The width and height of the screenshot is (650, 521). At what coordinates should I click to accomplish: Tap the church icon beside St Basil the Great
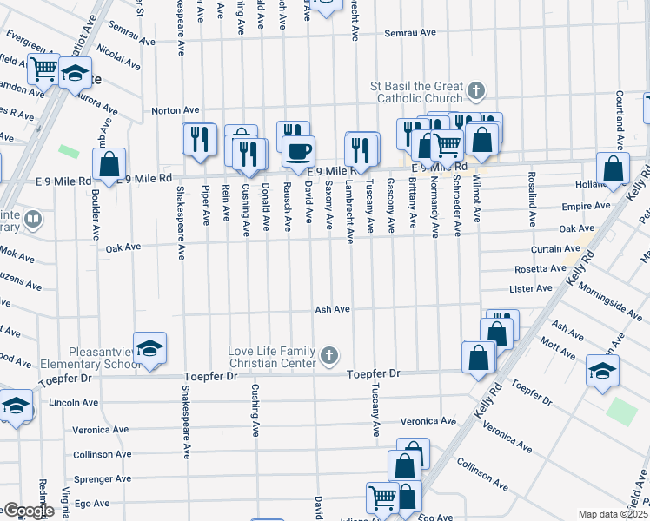point(476,89)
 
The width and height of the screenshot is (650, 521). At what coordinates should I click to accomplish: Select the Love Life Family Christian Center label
point(271,357)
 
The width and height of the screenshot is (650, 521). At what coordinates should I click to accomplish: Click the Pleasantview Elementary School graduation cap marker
point(149,347)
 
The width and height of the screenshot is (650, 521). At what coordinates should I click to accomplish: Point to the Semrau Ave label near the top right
point(410,33)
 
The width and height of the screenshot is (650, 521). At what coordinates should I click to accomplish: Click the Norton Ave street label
point(176,110)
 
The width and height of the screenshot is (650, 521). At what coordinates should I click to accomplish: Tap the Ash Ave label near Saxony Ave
point(332,309)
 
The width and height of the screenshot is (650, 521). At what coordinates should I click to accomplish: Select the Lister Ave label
point(531,288)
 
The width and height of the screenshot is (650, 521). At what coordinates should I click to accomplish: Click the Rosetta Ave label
point(540,269)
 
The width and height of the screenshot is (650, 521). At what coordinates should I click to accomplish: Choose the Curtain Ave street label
point(549,248)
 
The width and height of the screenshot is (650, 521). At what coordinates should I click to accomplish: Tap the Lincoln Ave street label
point(74,403)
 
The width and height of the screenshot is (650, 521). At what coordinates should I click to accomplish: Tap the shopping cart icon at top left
point(43,68)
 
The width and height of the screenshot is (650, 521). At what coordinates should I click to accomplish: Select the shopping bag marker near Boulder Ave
point(109,163)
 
